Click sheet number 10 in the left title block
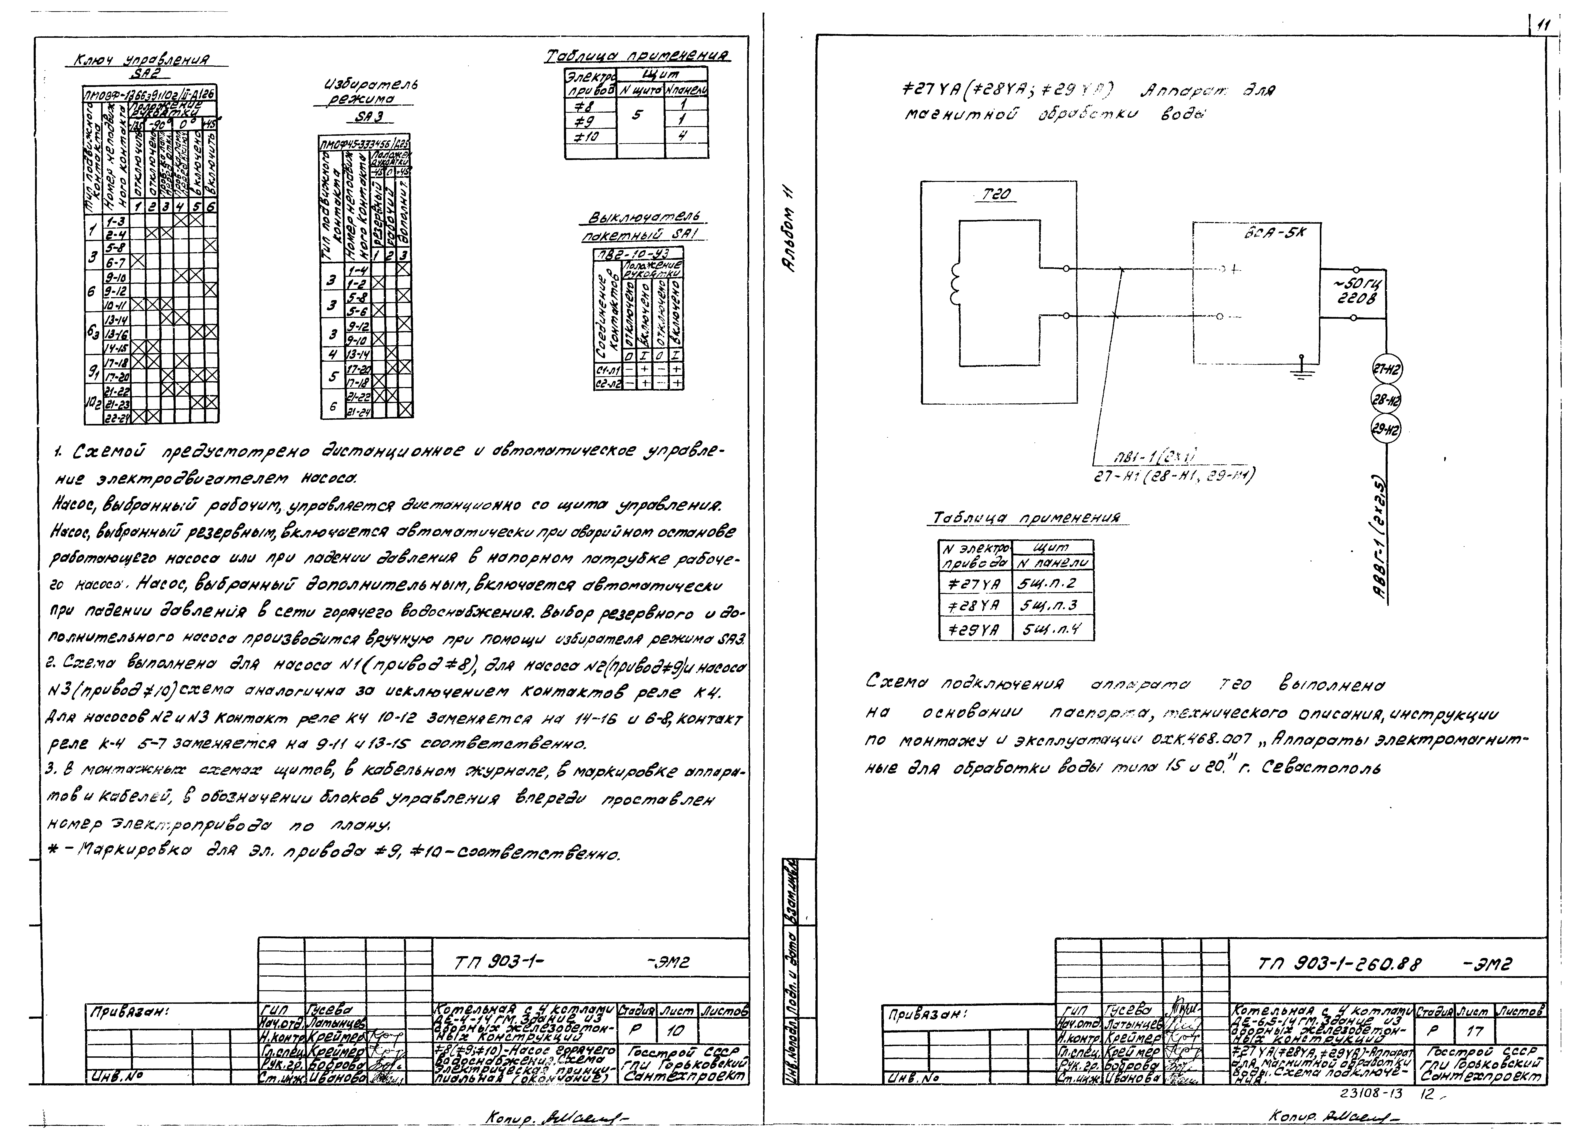(672, 1031)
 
